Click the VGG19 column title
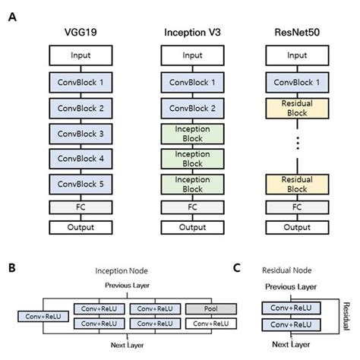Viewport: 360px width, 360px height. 81,33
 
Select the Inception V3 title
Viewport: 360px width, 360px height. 192,33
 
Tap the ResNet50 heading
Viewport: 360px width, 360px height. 297,33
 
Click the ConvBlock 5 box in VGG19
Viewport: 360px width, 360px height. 81,185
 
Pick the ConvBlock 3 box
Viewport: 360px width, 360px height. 81,134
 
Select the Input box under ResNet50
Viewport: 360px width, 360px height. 297,55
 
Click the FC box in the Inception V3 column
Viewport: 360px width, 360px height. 192,207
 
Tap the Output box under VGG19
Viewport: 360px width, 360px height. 81,227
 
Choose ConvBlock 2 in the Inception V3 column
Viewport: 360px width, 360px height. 192,109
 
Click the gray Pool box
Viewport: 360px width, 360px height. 211,309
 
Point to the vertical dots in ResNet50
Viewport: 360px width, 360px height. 298,144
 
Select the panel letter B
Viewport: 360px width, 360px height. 12,267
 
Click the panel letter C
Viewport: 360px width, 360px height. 237,267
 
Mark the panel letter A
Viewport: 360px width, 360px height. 12,17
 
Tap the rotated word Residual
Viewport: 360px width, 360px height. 346,316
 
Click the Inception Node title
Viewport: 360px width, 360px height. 122,271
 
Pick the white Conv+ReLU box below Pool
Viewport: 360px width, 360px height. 211,324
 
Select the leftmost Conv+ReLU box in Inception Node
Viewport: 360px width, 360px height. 43,317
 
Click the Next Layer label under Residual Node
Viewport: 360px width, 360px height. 291,344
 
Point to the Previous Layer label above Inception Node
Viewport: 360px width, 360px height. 127,286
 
